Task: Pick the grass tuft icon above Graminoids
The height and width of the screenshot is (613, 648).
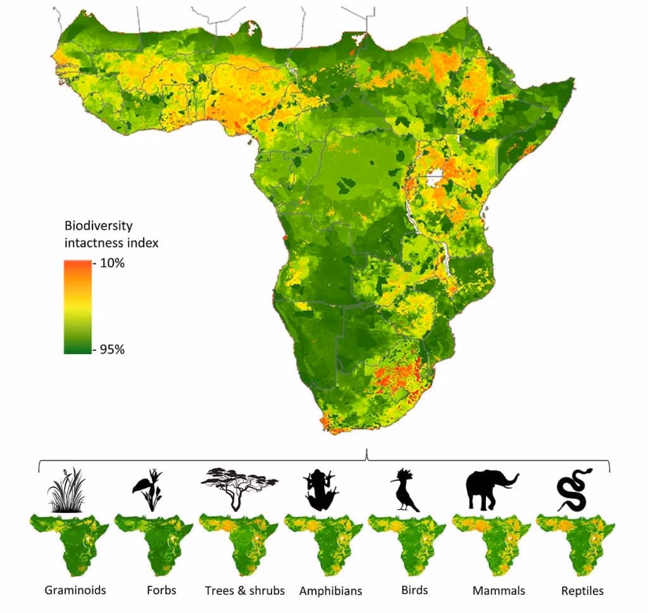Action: tap(67, 491)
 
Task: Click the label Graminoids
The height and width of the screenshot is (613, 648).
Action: tap(75, 591)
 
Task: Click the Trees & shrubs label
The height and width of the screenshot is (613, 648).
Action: tap(245, 591)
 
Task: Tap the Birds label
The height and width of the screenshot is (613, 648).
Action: tap(414, 590)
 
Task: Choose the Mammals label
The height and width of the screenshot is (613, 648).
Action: tap(499, 591)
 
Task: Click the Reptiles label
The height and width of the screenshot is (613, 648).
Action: tap(582, 591)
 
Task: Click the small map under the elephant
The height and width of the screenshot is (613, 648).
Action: tap(491, 544)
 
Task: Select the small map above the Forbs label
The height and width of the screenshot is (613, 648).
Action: tap(153, 544)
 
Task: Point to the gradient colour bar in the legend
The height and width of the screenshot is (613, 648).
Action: tap(78, 306)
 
